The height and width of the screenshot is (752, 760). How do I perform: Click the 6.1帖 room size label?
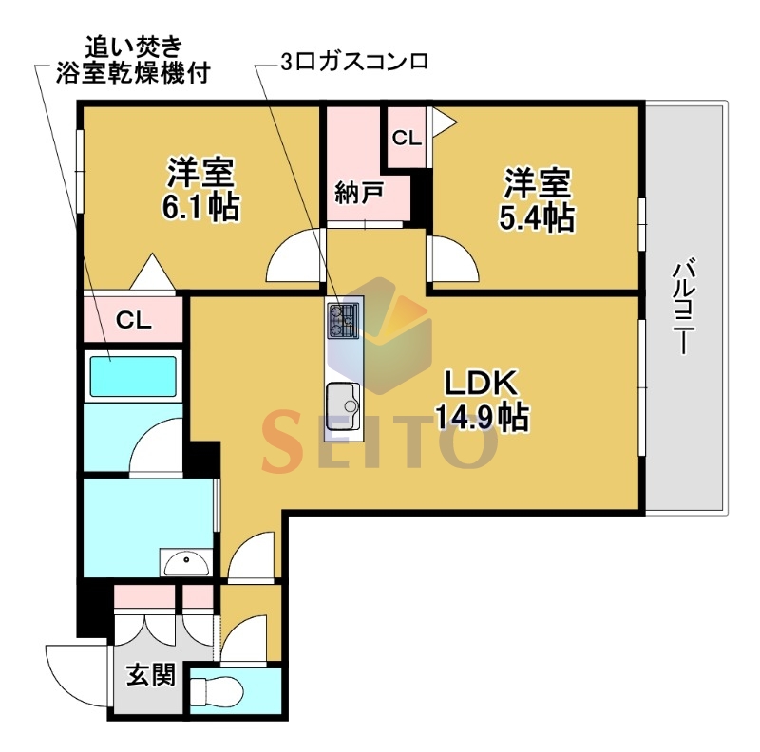tap(200, 207)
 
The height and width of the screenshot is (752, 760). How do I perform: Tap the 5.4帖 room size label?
tap(537, 218)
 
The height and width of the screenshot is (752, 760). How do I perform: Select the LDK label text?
tap(482, 384)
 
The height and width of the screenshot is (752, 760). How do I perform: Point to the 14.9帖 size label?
tap(482, 417)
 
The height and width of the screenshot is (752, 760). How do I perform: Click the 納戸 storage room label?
tap(359, 193)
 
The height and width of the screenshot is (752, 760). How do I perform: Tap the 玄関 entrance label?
tap(151, 674)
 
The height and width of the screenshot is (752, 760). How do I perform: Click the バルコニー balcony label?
tap(683, 309)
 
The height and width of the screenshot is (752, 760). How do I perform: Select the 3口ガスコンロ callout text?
tap(354, 62)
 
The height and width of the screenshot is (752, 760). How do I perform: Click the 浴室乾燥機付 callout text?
tap(133, 74)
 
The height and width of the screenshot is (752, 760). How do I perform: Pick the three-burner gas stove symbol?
tap(344, 320)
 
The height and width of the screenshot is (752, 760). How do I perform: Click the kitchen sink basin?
tap(344, 406)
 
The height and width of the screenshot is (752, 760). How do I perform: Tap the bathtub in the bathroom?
tap(130, 377)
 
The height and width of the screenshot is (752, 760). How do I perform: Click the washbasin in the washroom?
tap(186, 562)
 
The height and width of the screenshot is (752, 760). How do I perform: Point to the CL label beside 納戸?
tap(407, 139)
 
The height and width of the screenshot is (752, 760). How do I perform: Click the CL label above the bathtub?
tap(134, 320)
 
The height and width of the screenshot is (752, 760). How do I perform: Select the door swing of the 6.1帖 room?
tap(294, 254)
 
